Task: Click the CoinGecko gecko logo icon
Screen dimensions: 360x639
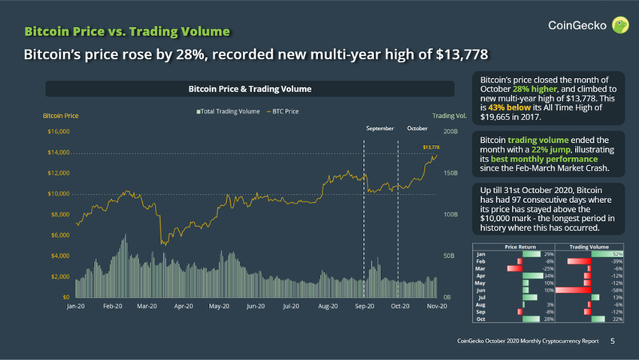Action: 620,26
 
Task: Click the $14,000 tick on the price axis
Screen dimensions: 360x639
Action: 59,153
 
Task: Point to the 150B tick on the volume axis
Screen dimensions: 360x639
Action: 450,173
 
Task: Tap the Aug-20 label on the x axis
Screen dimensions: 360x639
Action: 329,307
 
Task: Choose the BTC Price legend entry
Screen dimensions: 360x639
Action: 283,111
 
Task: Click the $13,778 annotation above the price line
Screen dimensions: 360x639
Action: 431,147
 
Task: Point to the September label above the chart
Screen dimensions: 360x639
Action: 380,129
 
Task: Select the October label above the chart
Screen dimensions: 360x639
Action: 416,129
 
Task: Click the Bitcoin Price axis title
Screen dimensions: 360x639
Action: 61,116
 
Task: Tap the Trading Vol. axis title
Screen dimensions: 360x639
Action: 450,116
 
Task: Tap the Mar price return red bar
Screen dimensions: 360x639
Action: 514,268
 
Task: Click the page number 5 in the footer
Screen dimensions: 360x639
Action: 612,341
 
